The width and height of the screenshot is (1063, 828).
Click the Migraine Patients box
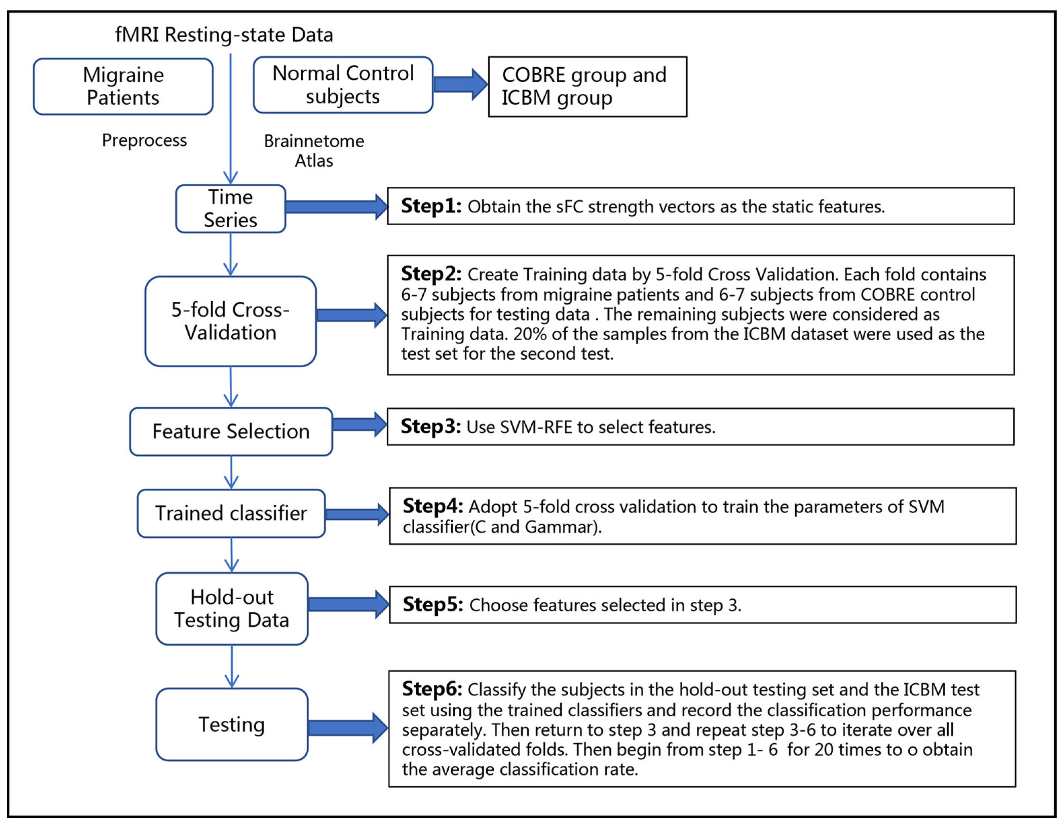pos(123,87)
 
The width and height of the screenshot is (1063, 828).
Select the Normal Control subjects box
pos(343,85)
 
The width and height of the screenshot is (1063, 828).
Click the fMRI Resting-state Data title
pos(224,35)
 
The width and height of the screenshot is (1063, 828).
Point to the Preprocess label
pos(144,141)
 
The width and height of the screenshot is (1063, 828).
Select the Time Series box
pos(230,209)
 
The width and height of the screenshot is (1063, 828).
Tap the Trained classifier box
pos(231,514)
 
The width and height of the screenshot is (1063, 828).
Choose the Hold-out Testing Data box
pos(232,609)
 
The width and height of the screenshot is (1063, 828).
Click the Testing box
pos(232,724)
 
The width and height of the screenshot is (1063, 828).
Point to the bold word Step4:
pos(432,506)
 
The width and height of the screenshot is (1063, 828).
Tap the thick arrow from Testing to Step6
pos(347,728)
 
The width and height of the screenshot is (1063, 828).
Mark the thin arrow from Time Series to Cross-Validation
pos(230,255)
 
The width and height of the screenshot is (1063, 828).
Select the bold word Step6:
pos(431,689)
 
